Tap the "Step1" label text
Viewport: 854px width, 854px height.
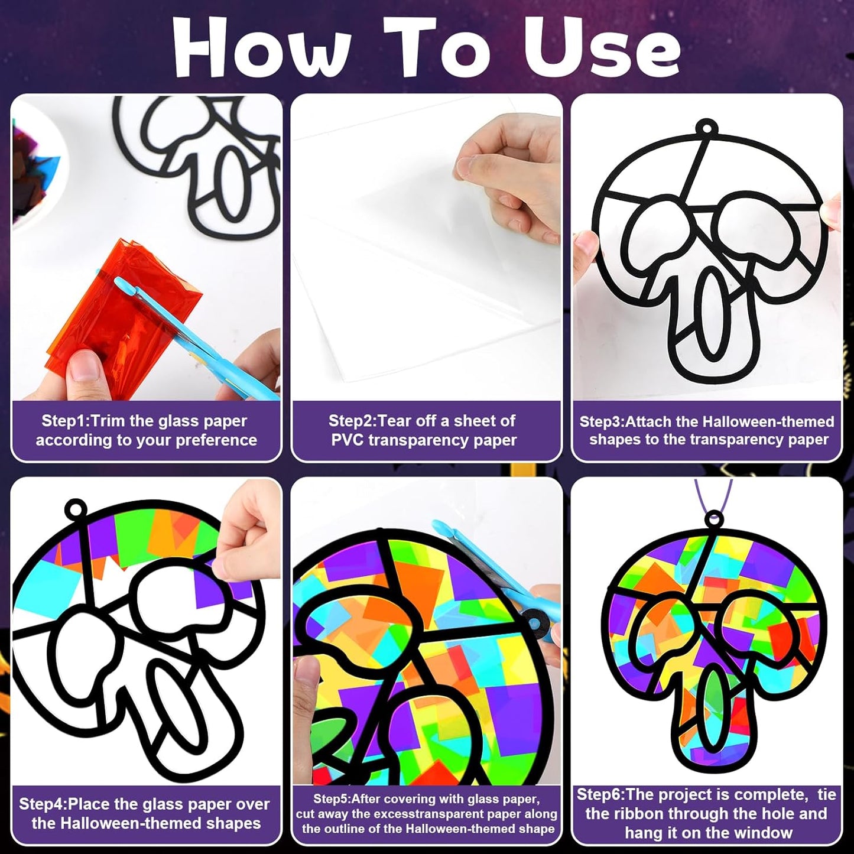(65, 421)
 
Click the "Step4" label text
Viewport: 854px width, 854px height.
(43, 805)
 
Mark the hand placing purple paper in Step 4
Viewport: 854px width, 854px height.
(243, 532)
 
